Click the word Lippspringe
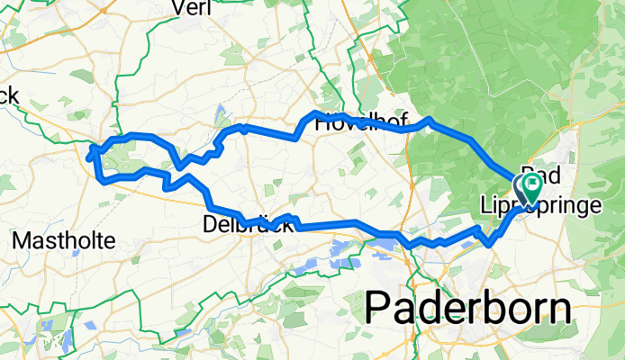(x=567, y=207)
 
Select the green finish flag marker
(x=531, y=187)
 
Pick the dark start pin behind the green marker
(x=522, y=185)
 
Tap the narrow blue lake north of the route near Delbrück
(x=222, y=115)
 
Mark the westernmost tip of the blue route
(x=88, y=157)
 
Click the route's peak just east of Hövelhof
(x=430, y=119)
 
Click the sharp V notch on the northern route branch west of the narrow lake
(x=181, y=166)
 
